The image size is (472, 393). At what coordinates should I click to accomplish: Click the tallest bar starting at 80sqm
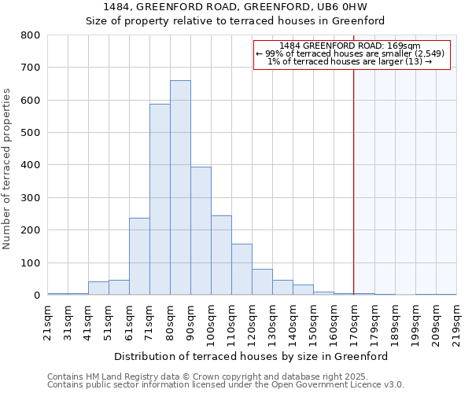click(180, 188)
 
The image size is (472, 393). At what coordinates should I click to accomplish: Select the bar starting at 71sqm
click(160, 200)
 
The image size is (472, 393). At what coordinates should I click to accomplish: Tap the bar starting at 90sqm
click(201, 231)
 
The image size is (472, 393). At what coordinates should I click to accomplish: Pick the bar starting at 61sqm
click(139, 256)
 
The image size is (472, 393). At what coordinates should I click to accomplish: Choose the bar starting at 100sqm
click(221, 255)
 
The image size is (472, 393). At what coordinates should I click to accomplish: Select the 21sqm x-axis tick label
click(47, 321)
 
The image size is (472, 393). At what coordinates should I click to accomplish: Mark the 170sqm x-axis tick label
click(354, 321)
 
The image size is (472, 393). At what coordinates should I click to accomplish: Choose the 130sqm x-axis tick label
click(272, 321)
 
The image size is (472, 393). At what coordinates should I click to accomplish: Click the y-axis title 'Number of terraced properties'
click(7, 168)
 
